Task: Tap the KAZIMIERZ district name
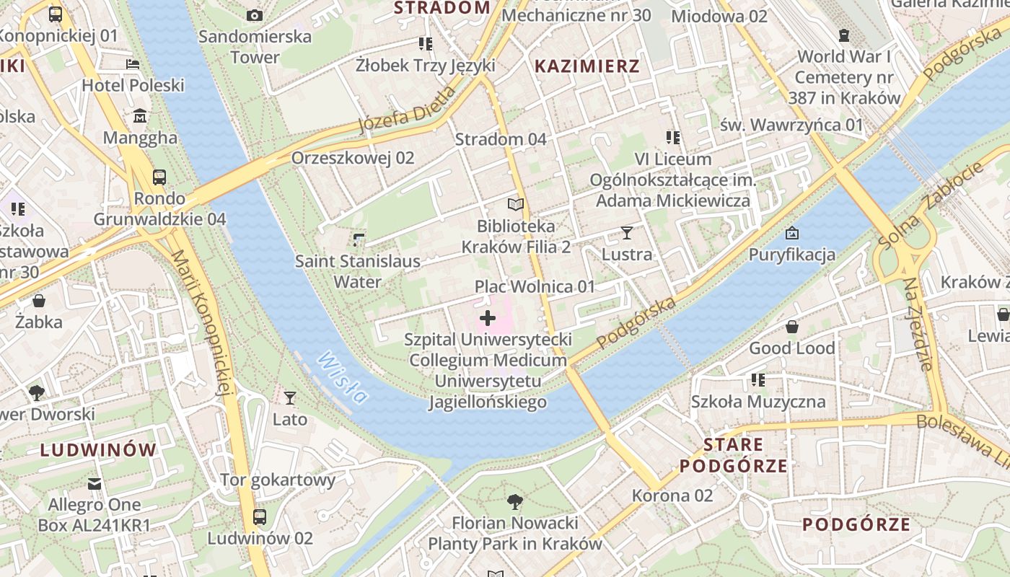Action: click(587, 66)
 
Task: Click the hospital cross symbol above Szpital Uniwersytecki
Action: click(488, 317)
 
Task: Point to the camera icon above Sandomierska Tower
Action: click(255, 15)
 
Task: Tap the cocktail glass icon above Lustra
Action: click(627, 232)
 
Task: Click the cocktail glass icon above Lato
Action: click(290, 397)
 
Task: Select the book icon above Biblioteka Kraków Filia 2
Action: click(515, 205)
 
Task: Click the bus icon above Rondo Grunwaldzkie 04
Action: click(159, 177)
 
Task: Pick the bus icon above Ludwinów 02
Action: click(260, 516)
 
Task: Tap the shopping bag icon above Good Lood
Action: click(791, 327)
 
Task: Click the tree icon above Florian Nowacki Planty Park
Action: click(514, 501)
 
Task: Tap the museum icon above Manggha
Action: click(140, 115)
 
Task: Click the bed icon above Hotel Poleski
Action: click(133, 63)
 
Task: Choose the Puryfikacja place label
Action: click(791, 254)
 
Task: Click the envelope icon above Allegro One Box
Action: click(95, 483)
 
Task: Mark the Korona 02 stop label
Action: click(672, 495)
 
